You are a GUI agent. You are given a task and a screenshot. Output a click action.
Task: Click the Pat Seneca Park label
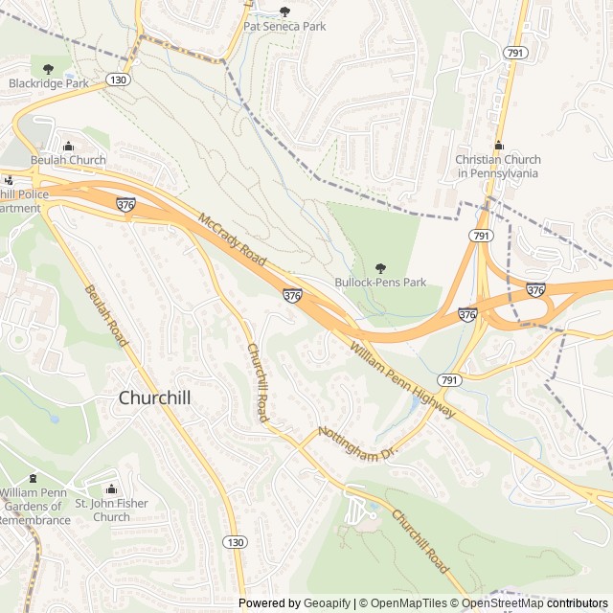[284, 27]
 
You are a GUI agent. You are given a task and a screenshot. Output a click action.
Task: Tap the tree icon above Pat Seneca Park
[284, 11]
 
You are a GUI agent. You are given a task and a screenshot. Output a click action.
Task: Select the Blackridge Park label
[48, 83]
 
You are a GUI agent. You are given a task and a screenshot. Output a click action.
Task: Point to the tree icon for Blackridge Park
[48, 68]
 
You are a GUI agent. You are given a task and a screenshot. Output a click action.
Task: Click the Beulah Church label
[68, 160]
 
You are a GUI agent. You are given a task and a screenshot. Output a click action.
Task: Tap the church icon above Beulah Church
[68, 146]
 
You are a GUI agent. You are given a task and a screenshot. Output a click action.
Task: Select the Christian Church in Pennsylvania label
[497, 167]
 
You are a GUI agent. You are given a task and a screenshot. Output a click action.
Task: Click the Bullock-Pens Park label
[380, 283]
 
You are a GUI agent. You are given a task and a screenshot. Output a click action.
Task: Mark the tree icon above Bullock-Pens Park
[380, 267]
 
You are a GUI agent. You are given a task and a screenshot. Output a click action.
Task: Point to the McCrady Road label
[232, 240]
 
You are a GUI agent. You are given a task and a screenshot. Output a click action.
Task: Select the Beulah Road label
[105, 316]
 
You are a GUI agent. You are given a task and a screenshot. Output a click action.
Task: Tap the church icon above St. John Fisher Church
[111, 489]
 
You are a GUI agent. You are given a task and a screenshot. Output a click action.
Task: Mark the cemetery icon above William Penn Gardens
[34, 478]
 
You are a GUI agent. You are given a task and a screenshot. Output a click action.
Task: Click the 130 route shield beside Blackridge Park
[118, 79]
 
